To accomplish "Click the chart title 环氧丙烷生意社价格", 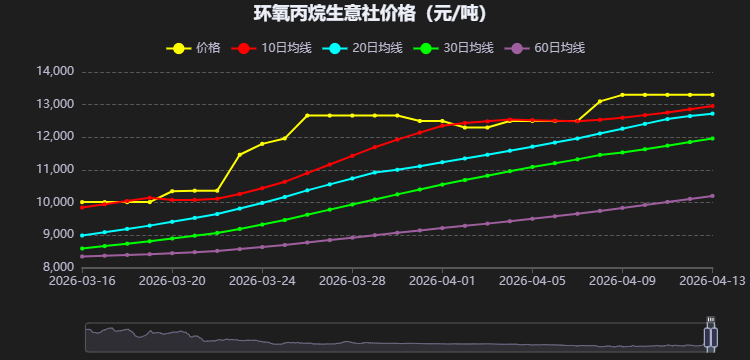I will (x=375, y=14).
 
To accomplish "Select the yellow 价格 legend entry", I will (x=195, y=48).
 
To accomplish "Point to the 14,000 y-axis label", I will (x=55, y=72).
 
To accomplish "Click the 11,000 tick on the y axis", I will (x=55, y=170).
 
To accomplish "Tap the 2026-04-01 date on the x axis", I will (x=442, y=283).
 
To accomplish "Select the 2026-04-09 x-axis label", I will (x=622, y=283).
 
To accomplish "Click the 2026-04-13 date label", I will (x=711, y=283).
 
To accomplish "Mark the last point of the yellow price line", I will (x=712, y=95).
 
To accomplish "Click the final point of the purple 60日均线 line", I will (x=712, y=196).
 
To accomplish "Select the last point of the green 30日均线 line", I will (x=712, y=138).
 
